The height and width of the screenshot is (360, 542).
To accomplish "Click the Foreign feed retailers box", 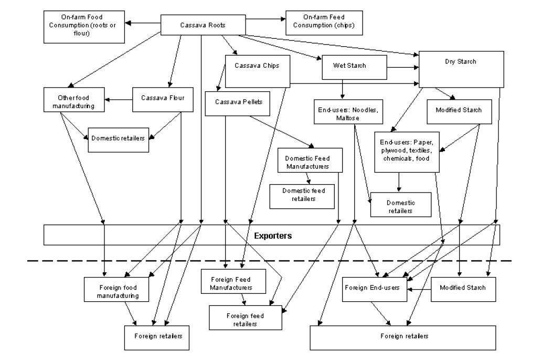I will coord(245,320).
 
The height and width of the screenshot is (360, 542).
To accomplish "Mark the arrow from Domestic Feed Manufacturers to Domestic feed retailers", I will coord(308,178).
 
